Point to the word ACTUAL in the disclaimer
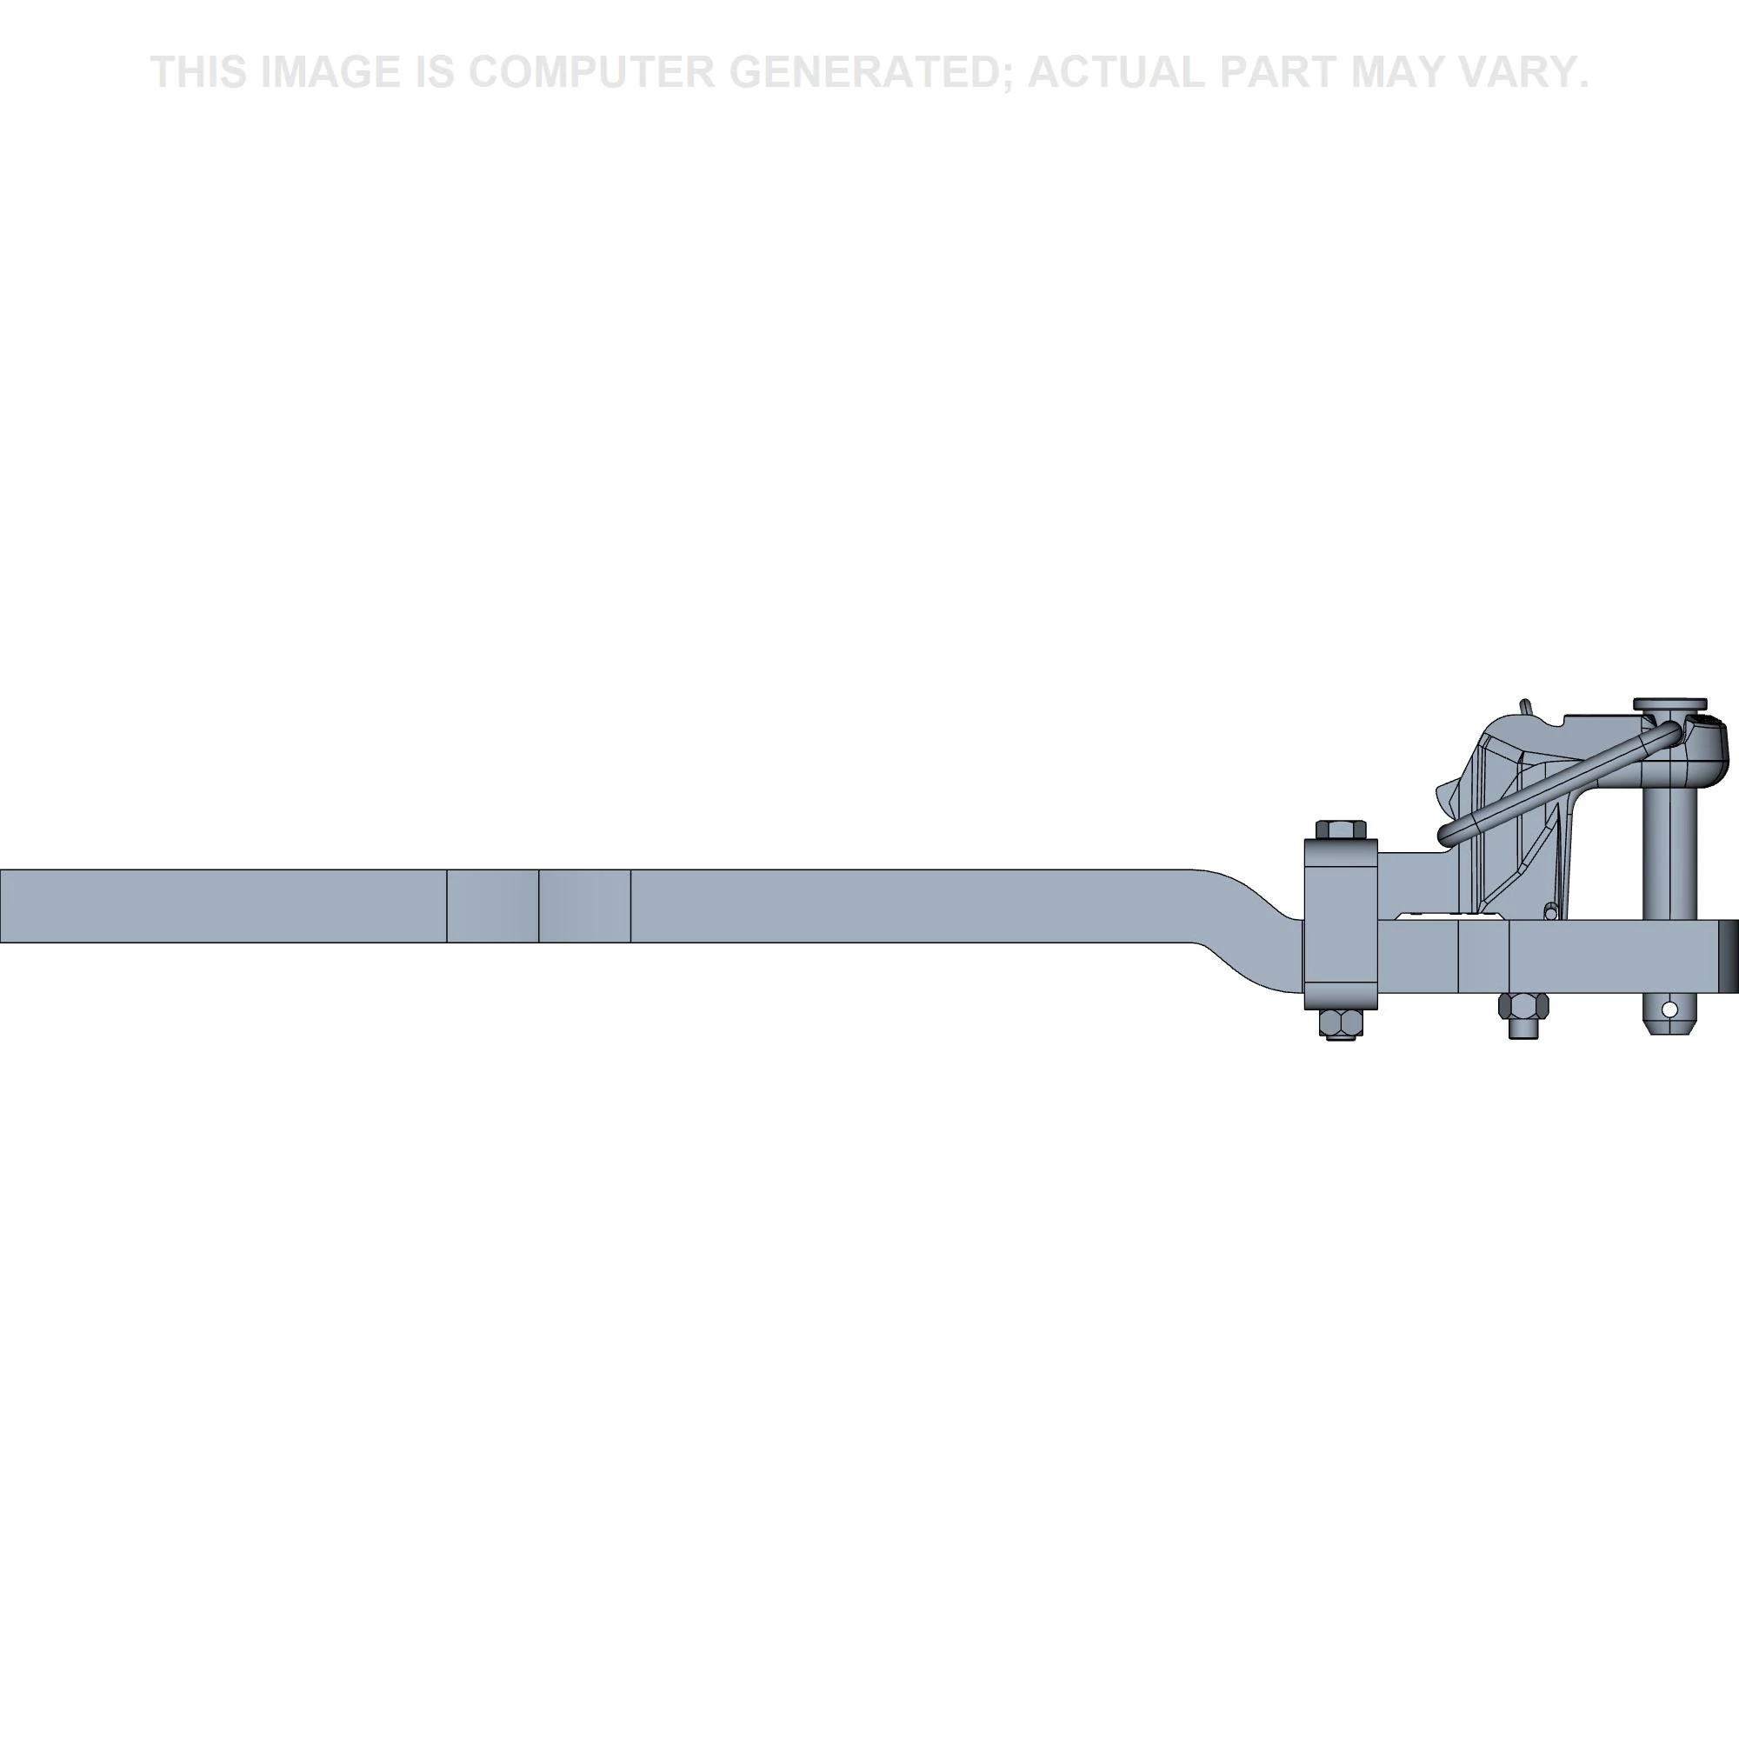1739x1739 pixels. pos(1115,72)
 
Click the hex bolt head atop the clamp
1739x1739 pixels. pos(1340,829)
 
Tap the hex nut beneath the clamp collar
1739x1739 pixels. pos(1340,1023)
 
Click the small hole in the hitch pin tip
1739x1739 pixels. pos(1669,1009)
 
